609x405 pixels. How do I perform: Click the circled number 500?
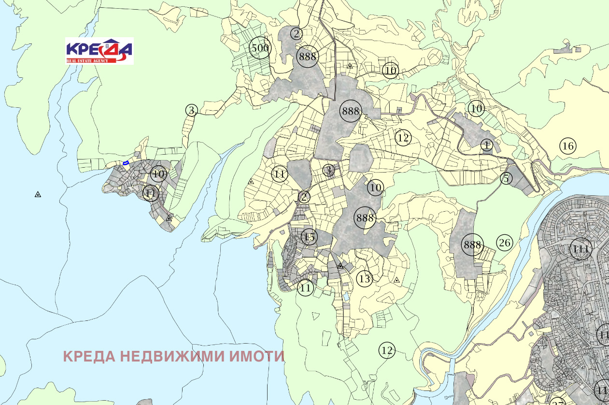(x=260, y=48)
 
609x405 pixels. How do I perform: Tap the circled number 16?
(x=568, y=146)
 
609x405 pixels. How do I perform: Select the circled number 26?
(x=504, y=243)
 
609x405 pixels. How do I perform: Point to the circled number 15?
(x=309, y=237)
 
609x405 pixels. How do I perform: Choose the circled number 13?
(x=365, y=279)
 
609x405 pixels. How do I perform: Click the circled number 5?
(x=506, y=178)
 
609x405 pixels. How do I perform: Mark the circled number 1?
(x=487, y=145)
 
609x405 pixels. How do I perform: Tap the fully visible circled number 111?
(x=581, y=249)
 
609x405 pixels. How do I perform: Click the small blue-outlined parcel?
(x=126, y=163)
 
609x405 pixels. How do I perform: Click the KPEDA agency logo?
(x=99, y=50)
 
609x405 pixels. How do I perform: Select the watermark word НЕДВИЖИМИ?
(x=171, y=357)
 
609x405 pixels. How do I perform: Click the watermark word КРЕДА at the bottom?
(x=89, y=357)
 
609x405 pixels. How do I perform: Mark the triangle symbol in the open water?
(x=38, y=194)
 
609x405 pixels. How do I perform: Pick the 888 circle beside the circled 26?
(x=472, y=245)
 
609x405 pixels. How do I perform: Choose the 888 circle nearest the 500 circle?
(x=308, y=56)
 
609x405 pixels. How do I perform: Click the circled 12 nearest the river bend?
(x=386, y=350)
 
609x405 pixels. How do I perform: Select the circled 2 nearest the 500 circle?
(x=297, y=33)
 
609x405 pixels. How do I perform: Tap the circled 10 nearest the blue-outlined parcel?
(x=158, y=174)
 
